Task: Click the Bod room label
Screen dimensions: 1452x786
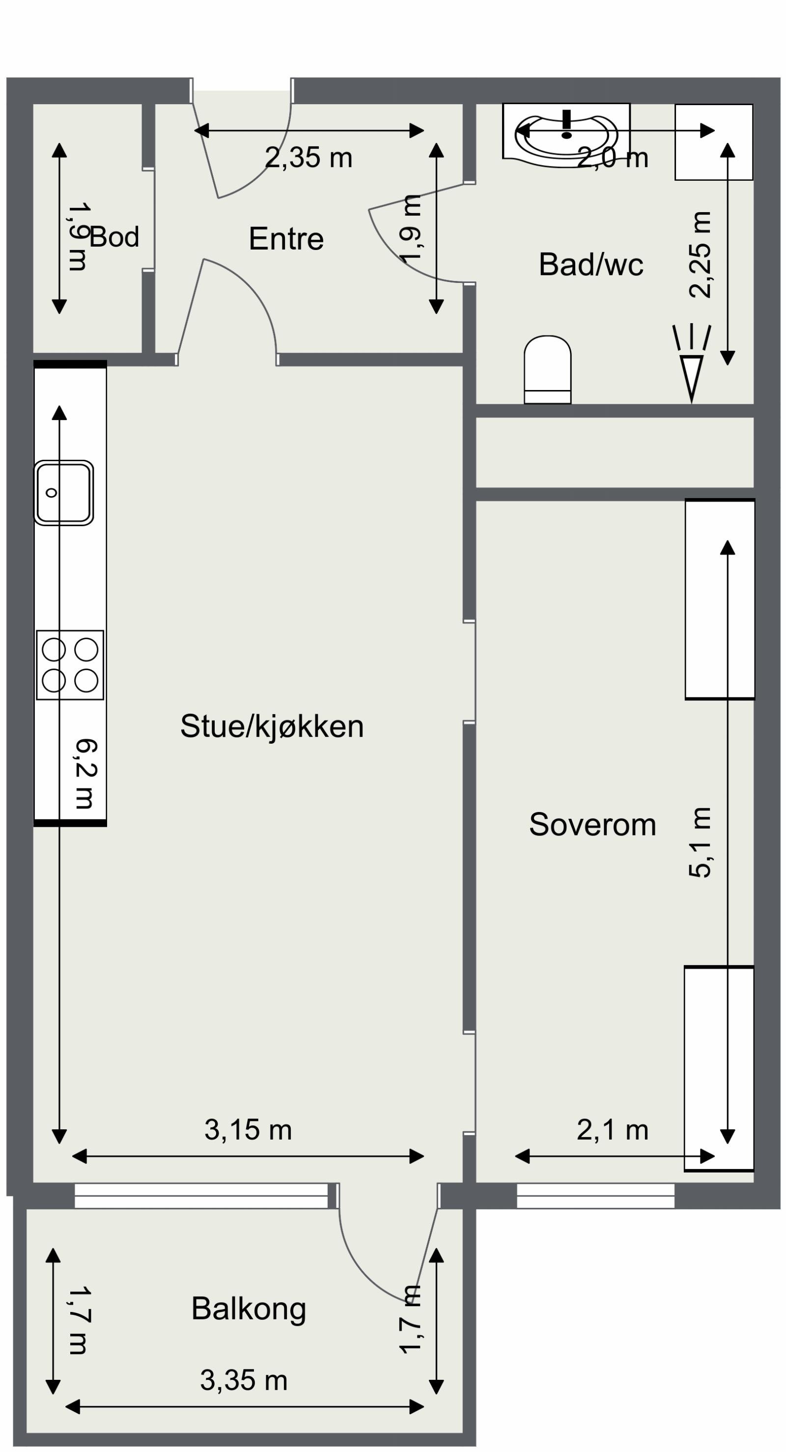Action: pyautogui.click(x=114, y=237)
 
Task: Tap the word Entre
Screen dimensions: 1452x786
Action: pyautogui.click(x=286, y=239)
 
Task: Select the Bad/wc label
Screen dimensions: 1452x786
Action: pyautogui.click(x=590, y=264)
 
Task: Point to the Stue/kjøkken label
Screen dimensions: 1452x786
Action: pyautogui.click(x=272, y=726)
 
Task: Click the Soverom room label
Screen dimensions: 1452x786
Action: pyautogui.click(x=592, y=825)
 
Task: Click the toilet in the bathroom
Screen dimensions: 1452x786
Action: pyautogui.click(x=547, y=369)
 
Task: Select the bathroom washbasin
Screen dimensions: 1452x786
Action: pyautogui.click(x=566, y=135)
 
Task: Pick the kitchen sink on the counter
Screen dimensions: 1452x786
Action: pyautogui.click(x=63, y=493)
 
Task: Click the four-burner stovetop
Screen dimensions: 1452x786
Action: pyautogui.click(x=70, y=665)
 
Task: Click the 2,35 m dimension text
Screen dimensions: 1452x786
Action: pyautogui.click(x=309, y=158)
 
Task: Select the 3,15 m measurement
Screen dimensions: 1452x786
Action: pyautogui.click(x=248, y=1130)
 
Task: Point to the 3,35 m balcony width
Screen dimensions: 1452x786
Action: pyautogui.click(x=244, y=1380)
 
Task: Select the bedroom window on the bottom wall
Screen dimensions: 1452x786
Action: pyautogui.click(x=595, y=1196)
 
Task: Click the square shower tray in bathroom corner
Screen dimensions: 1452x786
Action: pyautogui.click(x=713, y=142)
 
